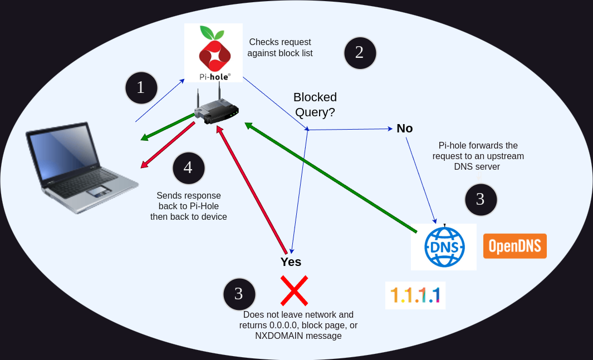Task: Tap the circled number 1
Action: point(141,88)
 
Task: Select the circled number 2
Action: point(360,53)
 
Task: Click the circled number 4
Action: point(188,168)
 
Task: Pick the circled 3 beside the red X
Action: point(239,294)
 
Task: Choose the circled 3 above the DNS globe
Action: point(480,199)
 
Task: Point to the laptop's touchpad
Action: point(98,191)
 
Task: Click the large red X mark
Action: point(294,290)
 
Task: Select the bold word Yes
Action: point(291,262)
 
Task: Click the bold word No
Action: point(405,129)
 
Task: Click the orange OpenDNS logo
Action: point(515,246)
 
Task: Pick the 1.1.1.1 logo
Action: point(415,295)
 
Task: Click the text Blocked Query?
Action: point(315,105)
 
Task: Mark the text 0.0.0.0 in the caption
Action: point(281,325)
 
